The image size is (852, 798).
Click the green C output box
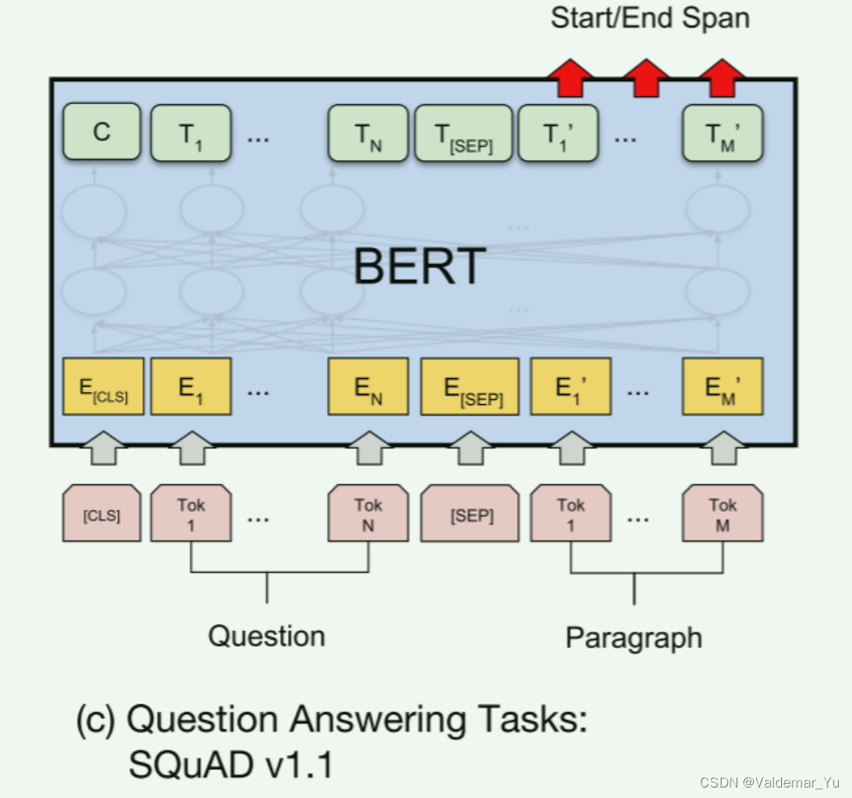click(x=101, y=133)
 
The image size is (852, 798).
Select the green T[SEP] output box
click(x=463, y=133)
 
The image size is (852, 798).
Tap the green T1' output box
click(x=559, y=133)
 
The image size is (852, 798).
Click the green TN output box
click(x=367, y=133)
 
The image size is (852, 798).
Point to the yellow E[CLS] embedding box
click(x=103, y=386)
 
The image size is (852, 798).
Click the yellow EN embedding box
click(x=367, y=386)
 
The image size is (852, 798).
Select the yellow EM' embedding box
click(x=723, y=386)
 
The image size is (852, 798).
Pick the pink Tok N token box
click(x=367, y=514)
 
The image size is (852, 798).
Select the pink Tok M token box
click(x=723, y=514)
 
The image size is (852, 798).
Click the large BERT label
click(x=420, y=266)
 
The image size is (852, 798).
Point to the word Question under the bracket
click(x=266, y=635)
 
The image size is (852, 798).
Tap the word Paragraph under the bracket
click(x=633, y=637)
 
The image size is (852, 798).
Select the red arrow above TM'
click(x=722, y=77)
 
